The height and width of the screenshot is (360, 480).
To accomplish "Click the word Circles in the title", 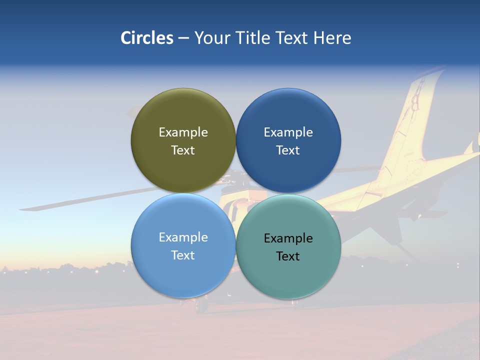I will click(x=146, y=38).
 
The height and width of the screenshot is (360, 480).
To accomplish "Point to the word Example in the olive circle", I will click(x=183, y=132).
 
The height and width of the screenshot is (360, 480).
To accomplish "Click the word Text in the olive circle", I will click(x=183, y=150).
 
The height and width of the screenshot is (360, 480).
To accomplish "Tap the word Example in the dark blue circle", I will click(x=288, y=132).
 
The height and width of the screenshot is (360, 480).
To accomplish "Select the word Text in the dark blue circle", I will click(x=288, y=150).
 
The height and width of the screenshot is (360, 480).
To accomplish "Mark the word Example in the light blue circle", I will click(x=183, y=237).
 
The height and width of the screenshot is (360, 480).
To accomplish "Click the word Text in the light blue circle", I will click(x=183, y=255).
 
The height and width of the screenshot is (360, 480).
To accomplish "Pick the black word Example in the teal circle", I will click(x=288, y=238).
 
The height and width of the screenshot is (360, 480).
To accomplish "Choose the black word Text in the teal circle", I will click(x=288, y=256).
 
